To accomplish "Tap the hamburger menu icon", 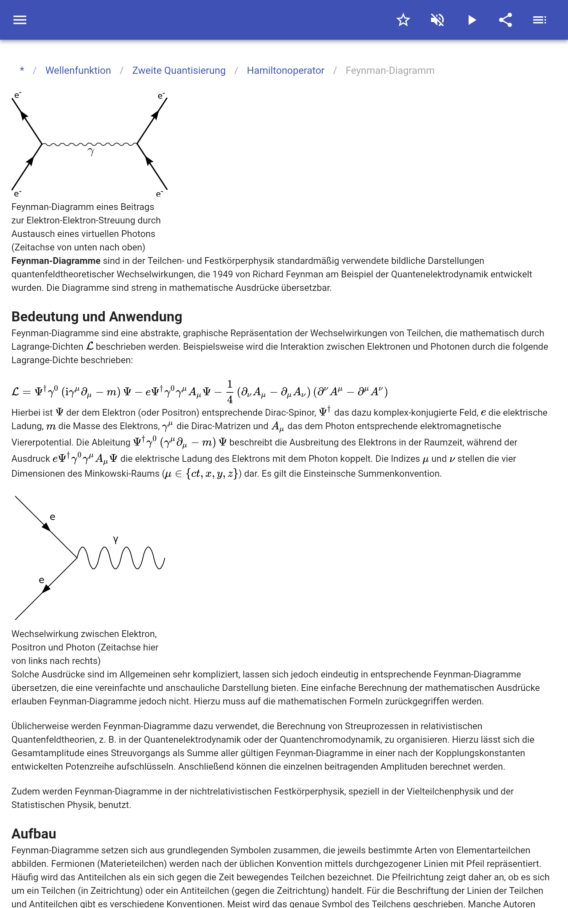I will tap(20, 20).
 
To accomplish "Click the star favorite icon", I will tap(403, 20).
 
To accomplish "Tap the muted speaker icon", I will tap(437, 20).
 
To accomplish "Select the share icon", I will tap(505, 20).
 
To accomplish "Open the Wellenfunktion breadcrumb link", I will tap(78, 71).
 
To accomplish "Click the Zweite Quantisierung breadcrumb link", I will tap(179, 71).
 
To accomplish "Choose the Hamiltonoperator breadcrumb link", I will tap(285, 71).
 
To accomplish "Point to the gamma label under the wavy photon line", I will tap(91, 151).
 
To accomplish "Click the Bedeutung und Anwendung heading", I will tap(97, 316).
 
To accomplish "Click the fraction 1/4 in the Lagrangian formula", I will tap(230, 392).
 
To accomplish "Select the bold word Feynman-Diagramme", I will tap(56, 261).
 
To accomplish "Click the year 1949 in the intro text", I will tap(223, 274).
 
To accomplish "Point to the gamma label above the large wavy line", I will tap(116, 540).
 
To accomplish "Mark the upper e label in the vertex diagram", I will tap(53, 517).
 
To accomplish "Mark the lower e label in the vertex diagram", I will tap(42, 580).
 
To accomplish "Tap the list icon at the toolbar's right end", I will tap(540, 20).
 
